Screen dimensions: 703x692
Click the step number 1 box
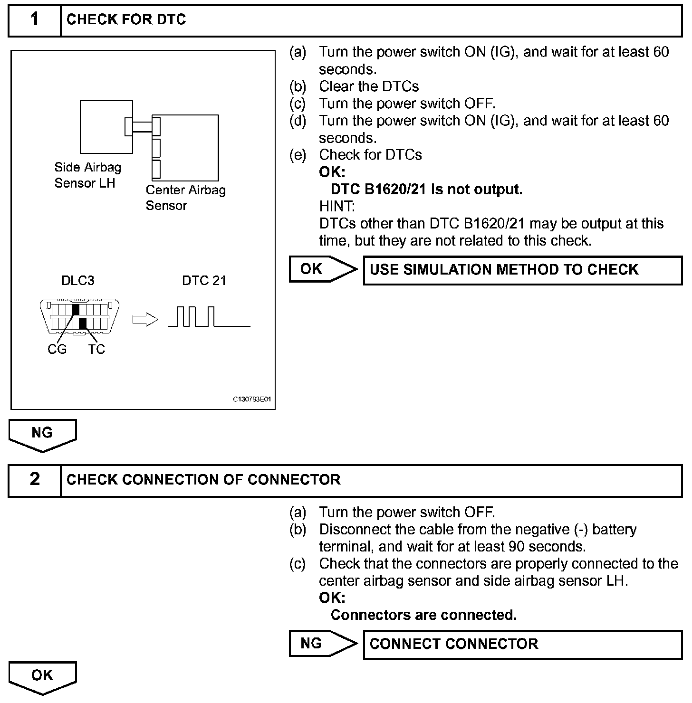[x=35, y=20]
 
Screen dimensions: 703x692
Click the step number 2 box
[x=35, y=480]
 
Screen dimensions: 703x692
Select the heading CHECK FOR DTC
[x=126, y=20]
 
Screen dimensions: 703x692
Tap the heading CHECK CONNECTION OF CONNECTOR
[x=203, y=480]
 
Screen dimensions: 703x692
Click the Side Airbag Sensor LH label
[x=87, y=175]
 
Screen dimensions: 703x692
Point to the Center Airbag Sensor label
[x=185, y=198]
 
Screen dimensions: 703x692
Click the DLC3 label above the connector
[x=78, y=280]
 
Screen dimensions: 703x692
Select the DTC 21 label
[x=204, y=280]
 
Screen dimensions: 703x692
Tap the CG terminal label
[x=57, y=349]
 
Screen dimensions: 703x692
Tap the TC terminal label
[x=96, y=349]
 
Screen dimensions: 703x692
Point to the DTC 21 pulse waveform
[x=209, y=317]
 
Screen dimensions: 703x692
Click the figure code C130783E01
[x=252, y=399]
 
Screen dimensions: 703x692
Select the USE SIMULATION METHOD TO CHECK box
[x=522, y=270]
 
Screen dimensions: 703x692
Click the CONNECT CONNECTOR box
[x=522, y=644]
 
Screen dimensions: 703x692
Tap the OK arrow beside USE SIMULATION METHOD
[x=323, y=269]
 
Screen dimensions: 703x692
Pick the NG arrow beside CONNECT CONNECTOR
[x=323, y=644]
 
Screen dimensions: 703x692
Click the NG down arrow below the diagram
[x=42, y=434]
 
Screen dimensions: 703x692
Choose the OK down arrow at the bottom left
[x=42, y=677]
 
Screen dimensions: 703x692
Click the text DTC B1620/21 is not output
[x=426, y=190]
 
